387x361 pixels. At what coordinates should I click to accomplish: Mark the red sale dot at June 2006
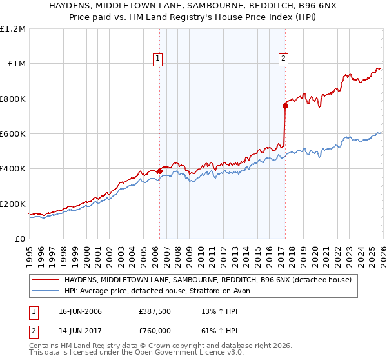pos(159,171)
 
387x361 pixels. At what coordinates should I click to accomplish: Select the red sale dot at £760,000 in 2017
pos(284,106)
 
